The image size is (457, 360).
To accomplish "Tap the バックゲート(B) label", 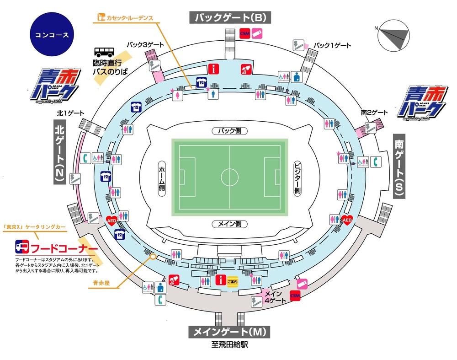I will [230, 18].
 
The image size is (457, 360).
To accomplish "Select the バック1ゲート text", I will [334, 45].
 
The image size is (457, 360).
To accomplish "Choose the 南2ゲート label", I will [374, 113].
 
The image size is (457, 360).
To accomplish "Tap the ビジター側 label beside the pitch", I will [297, 178].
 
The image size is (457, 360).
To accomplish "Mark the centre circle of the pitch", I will [229, 177].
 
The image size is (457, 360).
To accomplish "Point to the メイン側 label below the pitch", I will [229, 224].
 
